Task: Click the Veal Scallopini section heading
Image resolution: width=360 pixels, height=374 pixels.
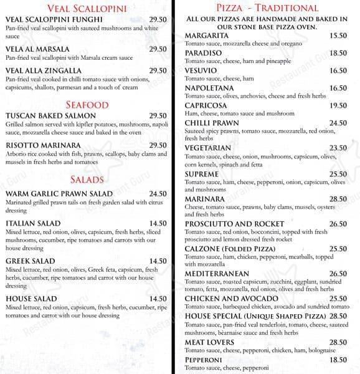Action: [87, 9]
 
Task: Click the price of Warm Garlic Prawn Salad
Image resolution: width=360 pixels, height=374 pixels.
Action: [158, 194]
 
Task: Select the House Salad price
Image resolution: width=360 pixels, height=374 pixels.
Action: [158, 299]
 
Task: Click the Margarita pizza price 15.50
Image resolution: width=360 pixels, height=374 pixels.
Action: [338, 37]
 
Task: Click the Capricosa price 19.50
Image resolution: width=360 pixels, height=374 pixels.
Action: [338, 106]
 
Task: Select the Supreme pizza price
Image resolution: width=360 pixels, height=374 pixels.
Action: [338, 175]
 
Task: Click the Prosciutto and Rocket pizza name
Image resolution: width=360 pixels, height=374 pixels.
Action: [234, 224]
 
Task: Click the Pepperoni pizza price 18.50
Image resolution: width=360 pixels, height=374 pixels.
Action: [338, 360]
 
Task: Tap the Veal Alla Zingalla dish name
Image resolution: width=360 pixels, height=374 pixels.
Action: [43, 71]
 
